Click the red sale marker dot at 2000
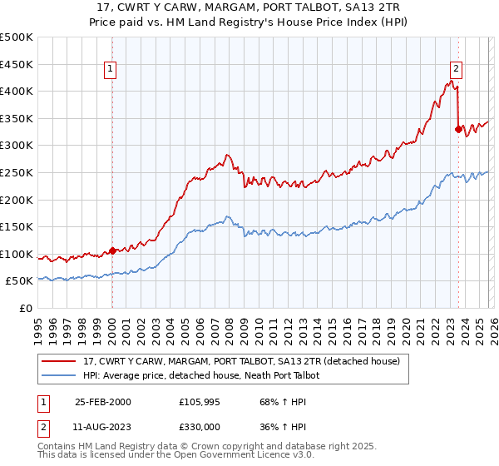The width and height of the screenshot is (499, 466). click(112, 250)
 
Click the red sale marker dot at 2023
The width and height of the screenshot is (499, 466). click(457, 128)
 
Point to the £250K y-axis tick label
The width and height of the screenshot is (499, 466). click(17, 172)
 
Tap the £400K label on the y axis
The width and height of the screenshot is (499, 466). click(17, 91)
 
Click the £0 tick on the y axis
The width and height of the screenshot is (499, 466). click(25, 309)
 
